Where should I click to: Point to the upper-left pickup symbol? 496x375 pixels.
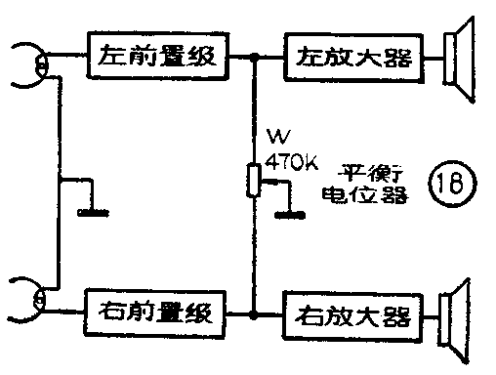coord(34,62)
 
